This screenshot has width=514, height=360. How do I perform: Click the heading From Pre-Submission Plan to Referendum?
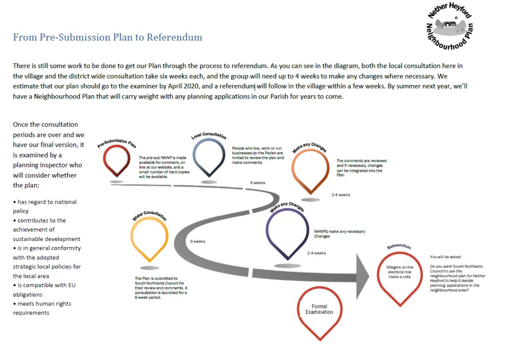107,37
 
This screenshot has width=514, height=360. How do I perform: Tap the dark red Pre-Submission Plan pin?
117,160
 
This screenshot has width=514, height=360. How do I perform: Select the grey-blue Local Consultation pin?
209,156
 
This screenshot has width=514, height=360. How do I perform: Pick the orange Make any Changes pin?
310,170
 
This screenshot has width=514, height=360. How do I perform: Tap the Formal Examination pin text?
320,309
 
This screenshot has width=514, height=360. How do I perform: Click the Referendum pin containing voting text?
400,275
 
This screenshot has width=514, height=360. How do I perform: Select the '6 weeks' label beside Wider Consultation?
198,241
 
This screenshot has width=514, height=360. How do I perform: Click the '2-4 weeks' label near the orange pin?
341,195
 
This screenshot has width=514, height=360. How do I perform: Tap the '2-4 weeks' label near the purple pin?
316,253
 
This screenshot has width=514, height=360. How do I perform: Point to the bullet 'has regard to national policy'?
44,206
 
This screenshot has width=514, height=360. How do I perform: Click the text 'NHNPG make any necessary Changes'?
340,234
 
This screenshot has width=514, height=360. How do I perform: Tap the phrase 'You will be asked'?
445,257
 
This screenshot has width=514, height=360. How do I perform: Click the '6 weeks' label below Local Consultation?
258,183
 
